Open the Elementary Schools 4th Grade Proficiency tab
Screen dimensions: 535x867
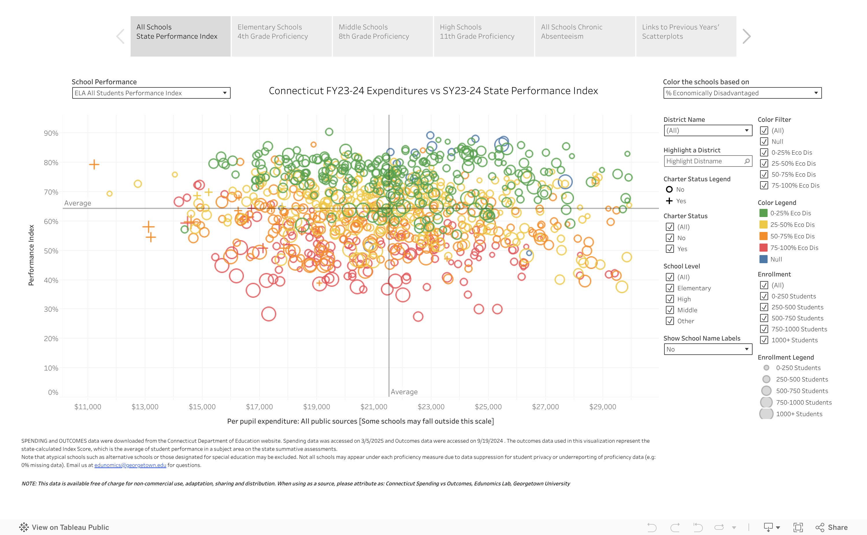[281, 36]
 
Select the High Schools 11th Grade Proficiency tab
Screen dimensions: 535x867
[483, 36]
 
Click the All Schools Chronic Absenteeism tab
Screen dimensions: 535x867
[585, 36]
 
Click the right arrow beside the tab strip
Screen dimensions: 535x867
[746, 36]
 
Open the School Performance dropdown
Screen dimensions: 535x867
[151, 93]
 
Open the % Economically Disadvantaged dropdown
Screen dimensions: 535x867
[742, 93]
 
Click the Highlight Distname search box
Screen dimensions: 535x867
[707, 161]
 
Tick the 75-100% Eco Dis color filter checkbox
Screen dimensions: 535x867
[764, 186]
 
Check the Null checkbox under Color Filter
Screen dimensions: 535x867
[764, 141]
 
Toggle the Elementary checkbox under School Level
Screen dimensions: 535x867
[670, 288]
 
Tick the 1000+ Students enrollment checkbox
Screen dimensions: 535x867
[764, 340]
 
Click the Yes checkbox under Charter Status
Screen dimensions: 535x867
[670, 249]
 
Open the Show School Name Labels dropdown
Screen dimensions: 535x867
[707, 349]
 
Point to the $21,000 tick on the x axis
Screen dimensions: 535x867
[374, 407]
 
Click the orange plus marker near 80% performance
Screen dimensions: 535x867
[94, 164]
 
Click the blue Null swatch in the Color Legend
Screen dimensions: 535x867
[764, 259]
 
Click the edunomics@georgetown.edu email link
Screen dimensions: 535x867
[130, 465]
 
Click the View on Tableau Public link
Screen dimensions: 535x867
[64, 527]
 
